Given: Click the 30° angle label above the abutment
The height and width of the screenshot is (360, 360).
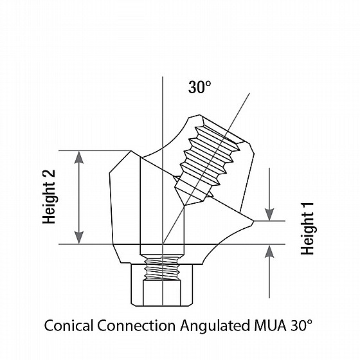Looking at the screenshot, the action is point(199,87).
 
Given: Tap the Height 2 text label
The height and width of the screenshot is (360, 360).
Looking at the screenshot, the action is point(49,197).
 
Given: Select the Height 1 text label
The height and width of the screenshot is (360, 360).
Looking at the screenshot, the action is point(307,229).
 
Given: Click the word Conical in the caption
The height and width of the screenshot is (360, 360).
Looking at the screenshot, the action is point(69,325).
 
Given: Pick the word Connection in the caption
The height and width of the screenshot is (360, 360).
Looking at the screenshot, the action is point(136,325).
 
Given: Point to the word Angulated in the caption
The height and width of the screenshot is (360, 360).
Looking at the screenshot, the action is point(215,326).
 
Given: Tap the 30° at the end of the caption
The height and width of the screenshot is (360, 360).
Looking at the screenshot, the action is point(301,325).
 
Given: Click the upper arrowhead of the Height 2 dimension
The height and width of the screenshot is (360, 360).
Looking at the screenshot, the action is point(79,157).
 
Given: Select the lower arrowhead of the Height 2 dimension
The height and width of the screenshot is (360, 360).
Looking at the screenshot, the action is point(79,237).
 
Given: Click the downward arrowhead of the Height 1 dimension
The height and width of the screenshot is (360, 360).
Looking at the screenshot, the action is point(269,215).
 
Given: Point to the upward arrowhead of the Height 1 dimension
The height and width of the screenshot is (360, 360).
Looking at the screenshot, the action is point(269,251).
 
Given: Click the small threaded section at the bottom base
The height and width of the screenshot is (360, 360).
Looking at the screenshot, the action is point(162,268).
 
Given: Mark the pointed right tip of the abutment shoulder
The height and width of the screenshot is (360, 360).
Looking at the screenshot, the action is point(254,221).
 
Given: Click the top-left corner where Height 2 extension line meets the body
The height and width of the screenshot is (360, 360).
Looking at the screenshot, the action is point(131,151).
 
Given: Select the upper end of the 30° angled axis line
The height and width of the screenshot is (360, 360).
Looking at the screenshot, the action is point(249,93).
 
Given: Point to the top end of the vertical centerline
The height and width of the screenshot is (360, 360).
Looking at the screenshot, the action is point(163,76).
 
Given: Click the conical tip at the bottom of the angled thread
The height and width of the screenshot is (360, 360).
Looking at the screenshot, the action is point(184,205).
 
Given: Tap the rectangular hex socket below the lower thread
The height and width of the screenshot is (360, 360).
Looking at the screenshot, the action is point(161,292).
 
